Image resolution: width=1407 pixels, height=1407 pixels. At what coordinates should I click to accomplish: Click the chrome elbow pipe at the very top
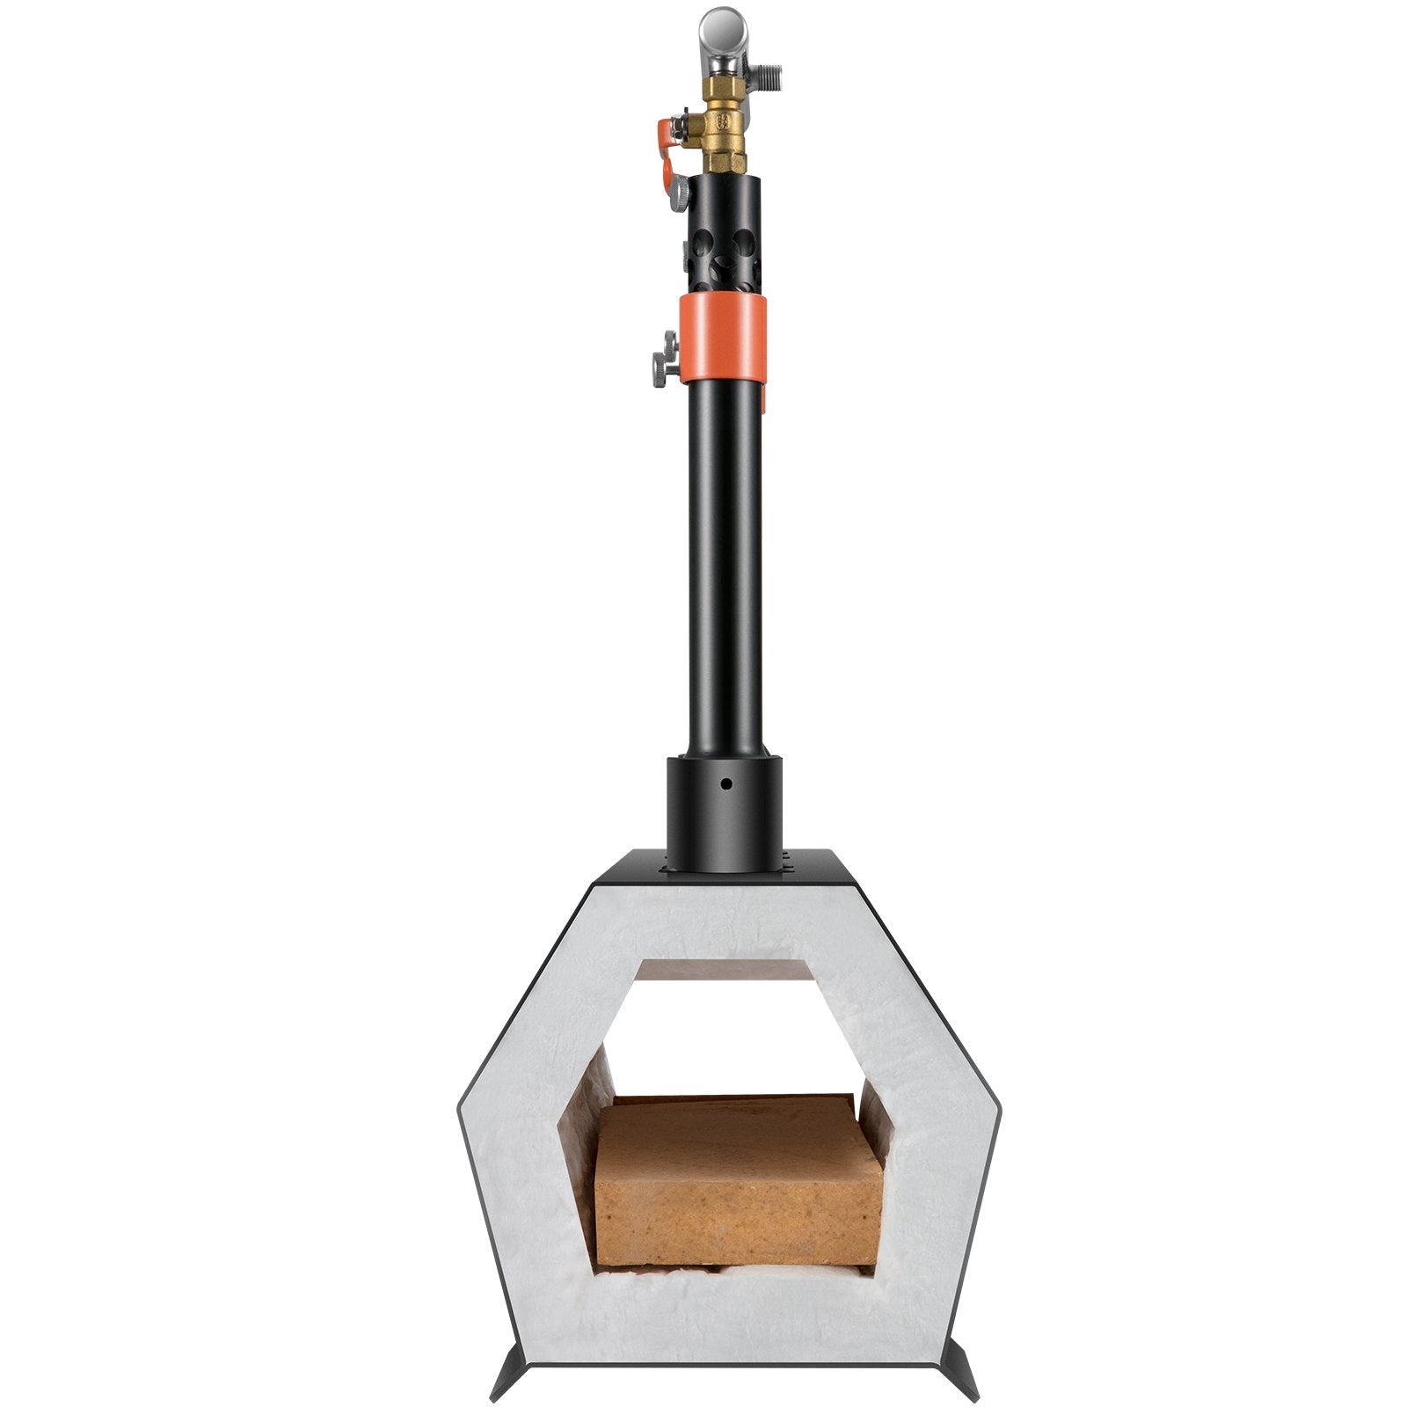723,31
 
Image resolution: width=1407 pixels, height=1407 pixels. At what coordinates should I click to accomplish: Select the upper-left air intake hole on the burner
701,238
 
